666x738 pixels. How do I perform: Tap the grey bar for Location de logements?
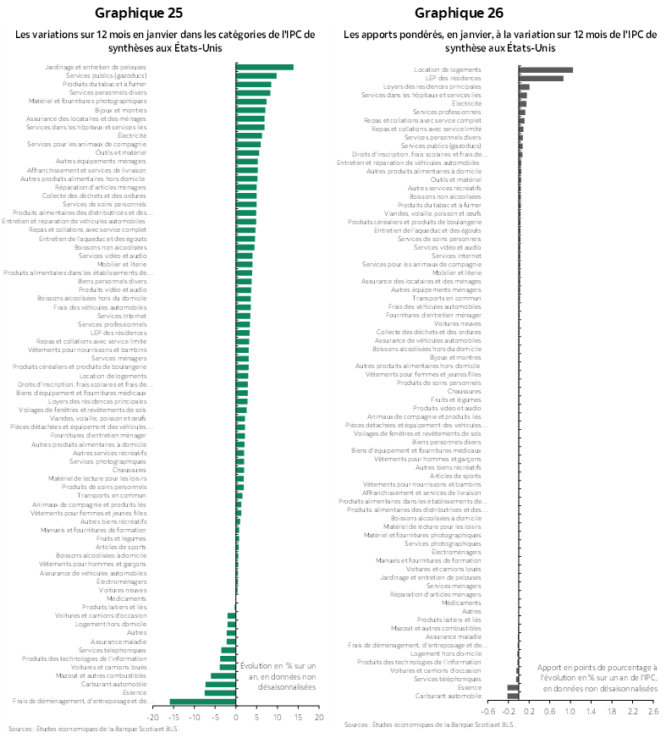pyautogui.click(x=546, y=69)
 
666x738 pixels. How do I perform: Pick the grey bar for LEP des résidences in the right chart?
pyautogui.click(x=541, y=78)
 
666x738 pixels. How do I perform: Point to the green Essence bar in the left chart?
pyautogui.click(x=220, y=692)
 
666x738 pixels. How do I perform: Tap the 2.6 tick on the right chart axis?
pyautogui.click(x=652, y=711)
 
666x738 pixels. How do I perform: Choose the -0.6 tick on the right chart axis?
pyautogui.click(x=488, y=711)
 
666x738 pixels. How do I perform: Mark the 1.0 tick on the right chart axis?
pyautogui.click(x=570, y=711)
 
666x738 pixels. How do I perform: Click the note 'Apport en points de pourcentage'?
pyautogui.click(x=598, y=679)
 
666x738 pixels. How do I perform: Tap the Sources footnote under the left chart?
pyautogui.click(x=94, y=729)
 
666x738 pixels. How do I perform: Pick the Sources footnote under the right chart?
pyautogui.click(x=429, y=724)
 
